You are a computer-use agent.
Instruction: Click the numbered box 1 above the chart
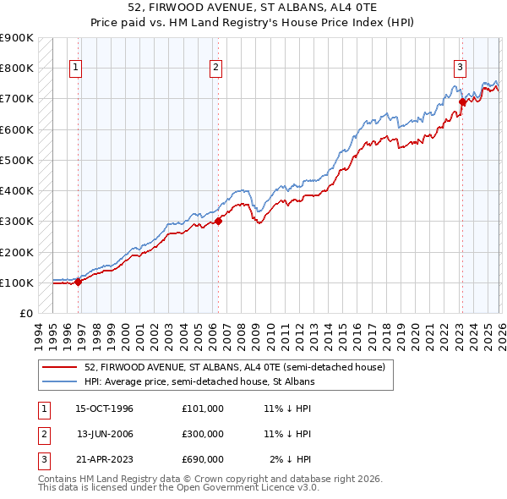[76, 68]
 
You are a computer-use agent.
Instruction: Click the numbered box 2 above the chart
[215, 68]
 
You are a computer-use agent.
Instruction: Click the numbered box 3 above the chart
[460, 68]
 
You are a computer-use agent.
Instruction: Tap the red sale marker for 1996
[79, 282]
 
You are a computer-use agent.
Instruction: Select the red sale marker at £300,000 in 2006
[218, 221]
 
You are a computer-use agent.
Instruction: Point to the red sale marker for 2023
[462, 101]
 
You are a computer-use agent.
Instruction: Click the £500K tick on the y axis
[17, 160]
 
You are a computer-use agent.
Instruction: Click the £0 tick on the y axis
[25, 313]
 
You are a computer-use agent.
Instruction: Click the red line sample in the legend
[60, 367]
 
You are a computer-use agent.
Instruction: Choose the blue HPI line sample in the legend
[60, 381]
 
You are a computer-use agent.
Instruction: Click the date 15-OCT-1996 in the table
[104, 408]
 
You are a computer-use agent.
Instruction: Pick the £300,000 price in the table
[202, 434]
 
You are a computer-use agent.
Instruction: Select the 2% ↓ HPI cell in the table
[290, 459]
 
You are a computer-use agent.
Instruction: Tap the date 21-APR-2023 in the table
[104, 459]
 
